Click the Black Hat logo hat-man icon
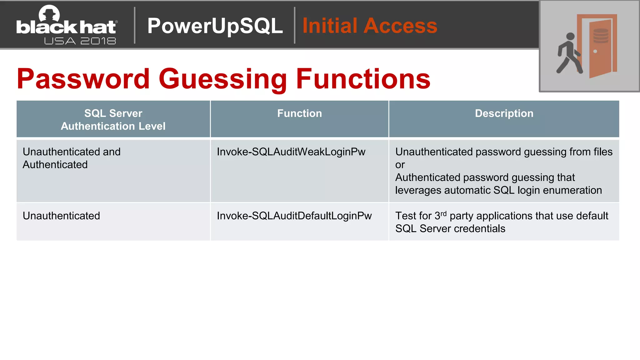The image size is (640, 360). (49, 14)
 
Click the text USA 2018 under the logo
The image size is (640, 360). (80, 41)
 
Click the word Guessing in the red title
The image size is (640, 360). (222, 79)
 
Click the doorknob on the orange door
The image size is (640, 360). (595, 52)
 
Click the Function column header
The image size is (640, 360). (299, 113)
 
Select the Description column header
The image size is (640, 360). (504, 113)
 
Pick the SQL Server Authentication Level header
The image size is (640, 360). (113, 120)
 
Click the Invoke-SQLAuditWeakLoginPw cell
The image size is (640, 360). (291, 152)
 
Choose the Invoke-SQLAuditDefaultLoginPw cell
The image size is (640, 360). (294, 216)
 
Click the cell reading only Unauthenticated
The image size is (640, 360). (61, 216)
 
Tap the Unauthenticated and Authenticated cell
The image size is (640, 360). (72, 158)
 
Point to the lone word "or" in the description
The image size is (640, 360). (400, 165)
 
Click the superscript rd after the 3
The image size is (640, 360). (443, 214)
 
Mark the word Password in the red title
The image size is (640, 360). (83, 79)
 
